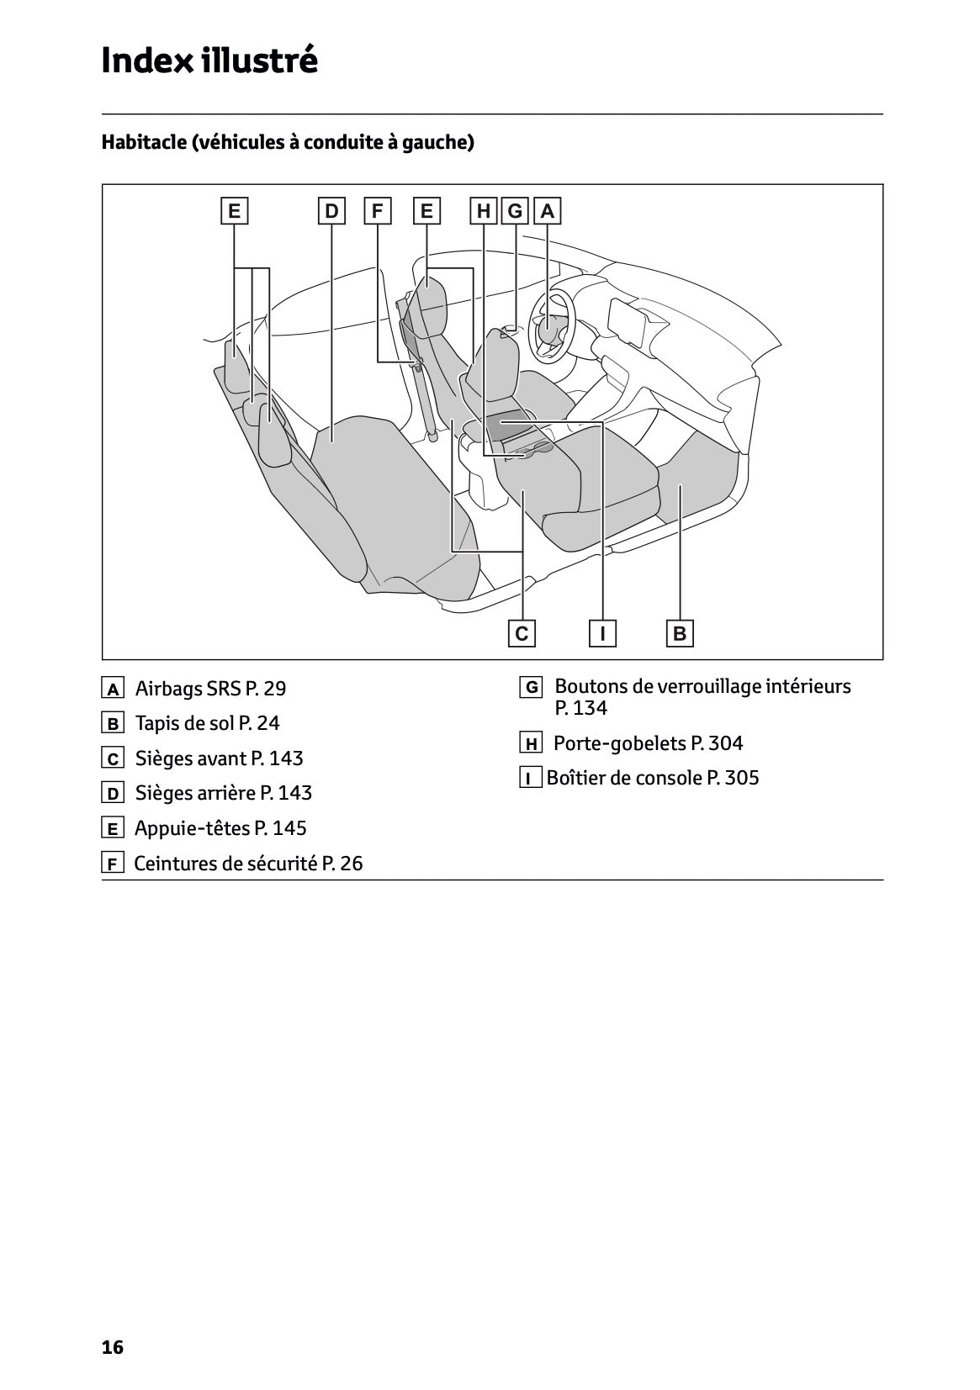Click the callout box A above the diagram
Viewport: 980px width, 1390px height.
point(548,211)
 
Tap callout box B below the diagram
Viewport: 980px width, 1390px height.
point(680,633)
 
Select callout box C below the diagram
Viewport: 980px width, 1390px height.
point(522,633)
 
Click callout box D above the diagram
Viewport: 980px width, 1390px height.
point(331,211)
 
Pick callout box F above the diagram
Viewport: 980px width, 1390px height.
point(377,211)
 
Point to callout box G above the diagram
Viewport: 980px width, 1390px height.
point(515,211)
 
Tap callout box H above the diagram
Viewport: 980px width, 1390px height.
point(484,211)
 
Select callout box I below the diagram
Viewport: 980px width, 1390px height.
point(602,633)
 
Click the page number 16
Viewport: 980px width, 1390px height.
point(112,1347)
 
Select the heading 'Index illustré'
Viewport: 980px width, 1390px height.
point(209,61)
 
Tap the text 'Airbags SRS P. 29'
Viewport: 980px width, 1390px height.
point(210,689)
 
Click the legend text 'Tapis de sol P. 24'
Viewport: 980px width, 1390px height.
point(207,723)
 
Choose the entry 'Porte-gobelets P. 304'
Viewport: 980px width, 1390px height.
point(648,743)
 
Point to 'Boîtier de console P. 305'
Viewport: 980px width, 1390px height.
point(653,778)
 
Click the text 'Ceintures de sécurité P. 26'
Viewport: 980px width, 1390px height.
point(248,864)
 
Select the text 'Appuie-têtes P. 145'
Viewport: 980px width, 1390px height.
point(220,828)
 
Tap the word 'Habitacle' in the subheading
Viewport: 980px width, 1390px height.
point(144,142)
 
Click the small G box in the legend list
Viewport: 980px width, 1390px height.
point(531,688)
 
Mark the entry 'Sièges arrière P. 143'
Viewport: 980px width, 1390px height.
point(223,793)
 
